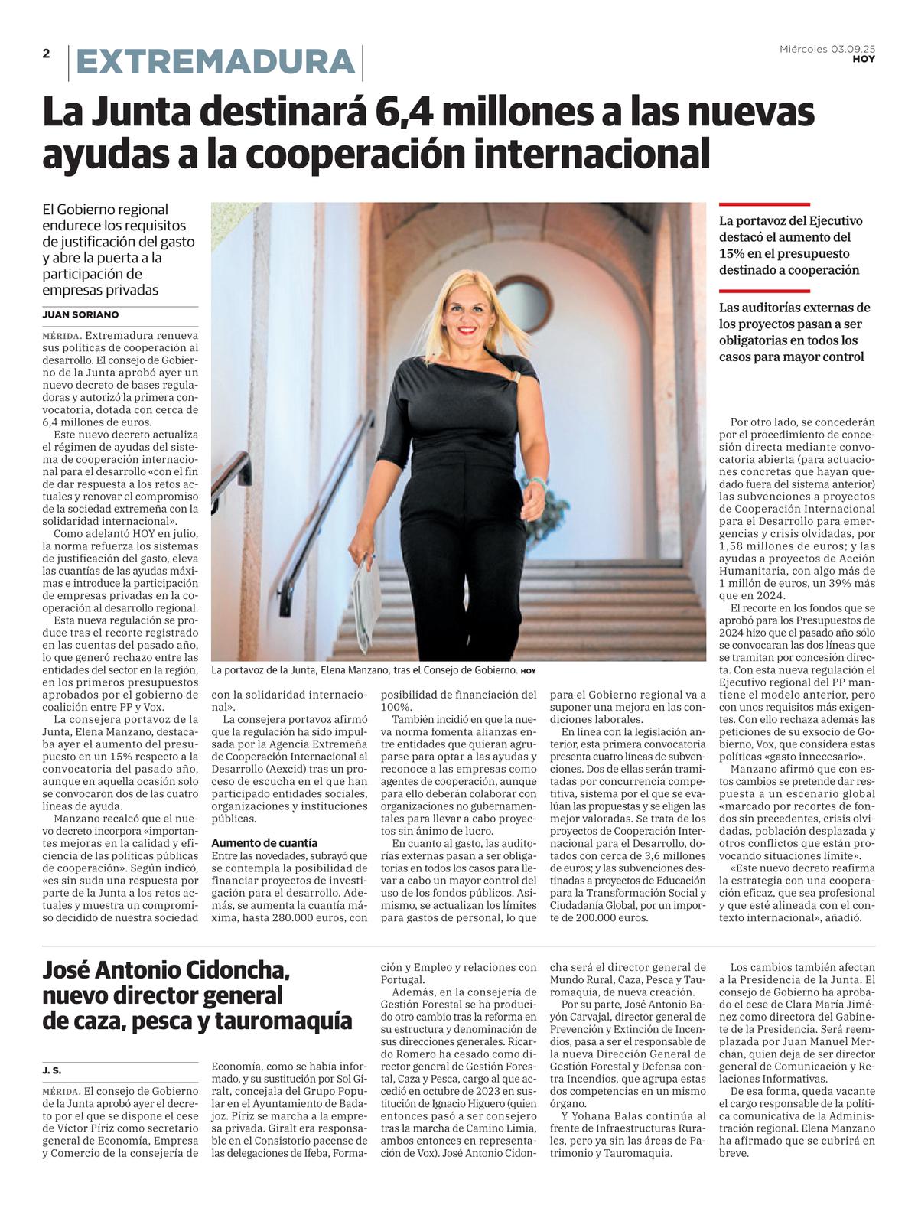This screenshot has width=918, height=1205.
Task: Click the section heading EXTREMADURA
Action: (x=216, y=62)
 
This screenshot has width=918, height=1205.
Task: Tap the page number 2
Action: (x=47, y=54)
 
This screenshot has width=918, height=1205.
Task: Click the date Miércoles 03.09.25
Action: (x=827, y=49)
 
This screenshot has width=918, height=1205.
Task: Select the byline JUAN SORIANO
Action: (x=80, y=314)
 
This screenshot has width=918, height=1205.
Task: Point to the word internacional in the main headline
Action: (x=593, y=154)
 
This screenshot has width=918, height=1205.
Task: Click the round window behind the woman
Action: (x=523, y=304)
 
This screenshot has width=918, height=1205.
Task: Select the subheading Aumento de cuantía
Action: (x=265, y=842)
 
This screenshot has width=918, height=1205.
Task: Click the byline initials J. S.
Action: (x=52, y=1070)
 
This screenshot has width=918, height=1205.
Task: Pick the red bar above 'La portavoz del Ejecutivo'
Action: (x=764, y=204)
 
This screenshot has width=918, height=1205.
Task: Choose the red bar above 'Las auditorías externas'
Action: (x=764, y=291)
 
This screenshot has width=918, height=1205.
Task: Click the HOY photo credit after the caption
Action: (x=528, y=671)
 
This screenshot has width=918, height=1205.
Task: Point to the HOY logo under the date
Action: (x=864, y=59)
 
